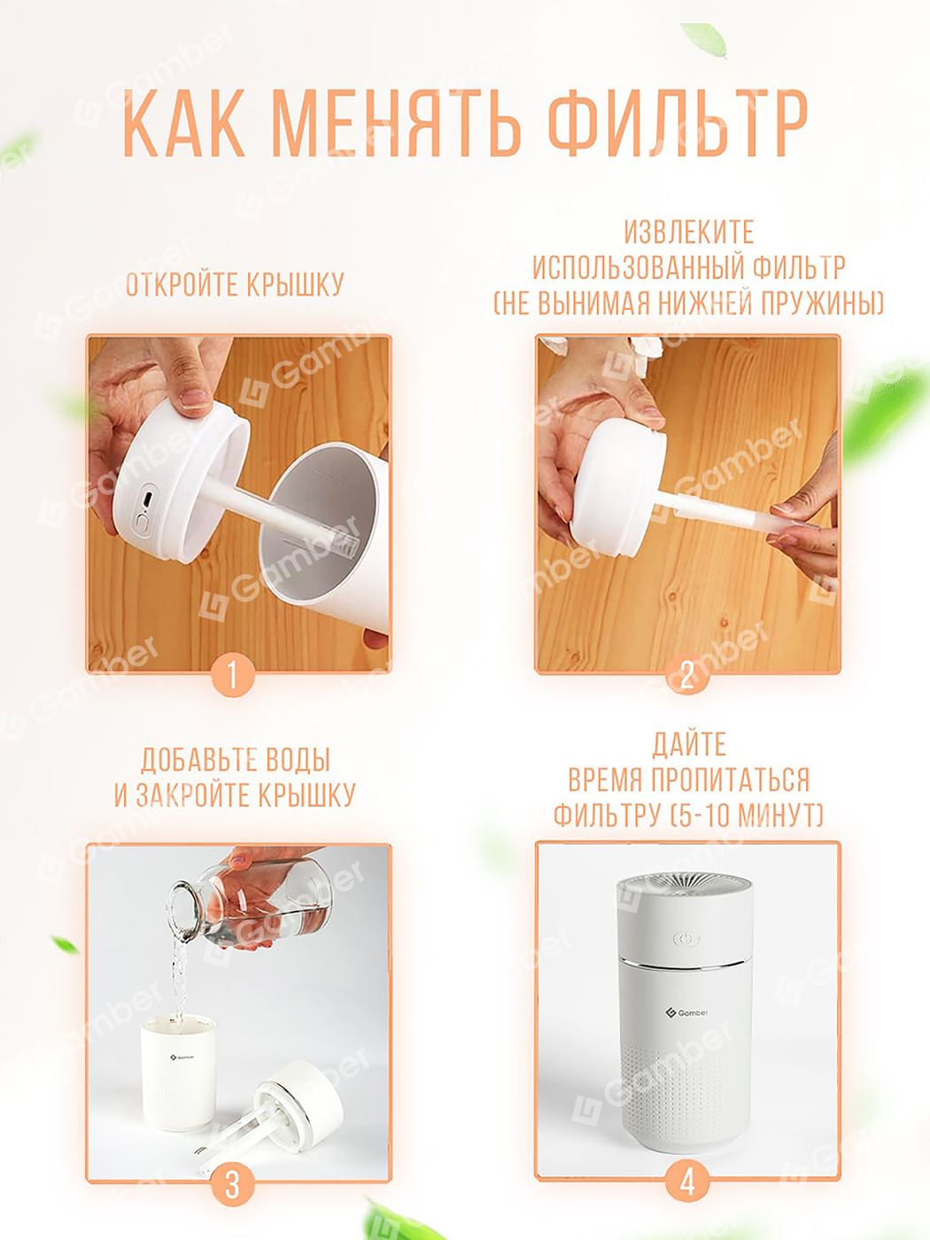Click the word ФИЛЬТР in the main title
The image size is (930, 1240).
pyautogui.click(x=678, y=122)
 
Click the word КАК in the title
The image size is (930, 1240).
pyautogui.click(x=183, y=122)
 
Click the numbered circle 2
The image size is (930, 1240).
pyautogui.click(x=687, y=675)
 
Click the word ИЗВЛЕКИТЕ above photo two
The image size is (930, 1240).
pyautogui.click(x=689, y=232)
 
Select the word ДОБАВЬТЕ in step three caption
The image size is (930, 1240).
pyautogui.click(x=188, y=760)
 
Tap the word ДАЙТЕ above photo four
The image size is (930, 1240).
pyautogui.click(x=689, y=744)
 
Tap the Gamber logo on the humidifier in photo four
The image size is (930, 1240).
pyautogui.click(x=686, y=1013)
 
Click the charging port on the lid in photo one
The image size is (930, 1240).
pyautogui.click(x=148, y=499)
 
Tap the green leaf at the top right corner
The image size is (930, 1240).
pyautogui.click(x=706, y=40)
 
